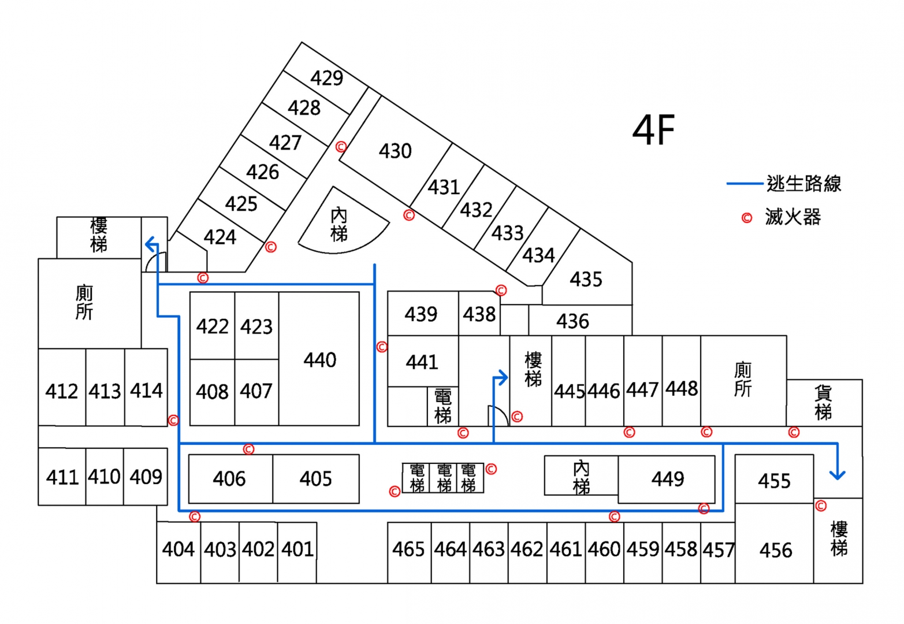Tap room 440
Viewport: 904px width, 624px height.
point(319,359)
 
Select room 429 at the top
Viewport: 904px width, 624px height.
point(326,78)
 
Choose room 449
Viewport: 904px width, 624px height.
point(667,479)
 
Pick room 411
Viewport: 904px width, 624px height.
point(62,477)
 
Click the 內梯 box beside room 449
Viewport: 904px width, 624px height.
point(581,476)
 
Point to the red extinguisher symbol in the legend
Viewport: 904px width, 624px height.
point(747,218)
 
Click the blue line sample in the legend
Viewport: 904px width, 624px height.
point(745,184)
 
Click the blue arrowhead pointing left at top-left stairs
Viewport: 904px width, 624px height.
point(150,244)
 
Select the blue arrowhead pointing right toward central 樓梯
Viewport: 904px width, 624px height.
point(503,378)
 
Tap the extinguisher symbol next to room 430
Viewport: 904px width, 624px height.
point(341,147)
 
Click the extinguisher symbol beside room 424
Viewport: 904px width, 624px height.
point(271,247)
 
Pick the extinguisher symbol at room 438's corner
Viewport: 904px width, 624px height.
point(501,290)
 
